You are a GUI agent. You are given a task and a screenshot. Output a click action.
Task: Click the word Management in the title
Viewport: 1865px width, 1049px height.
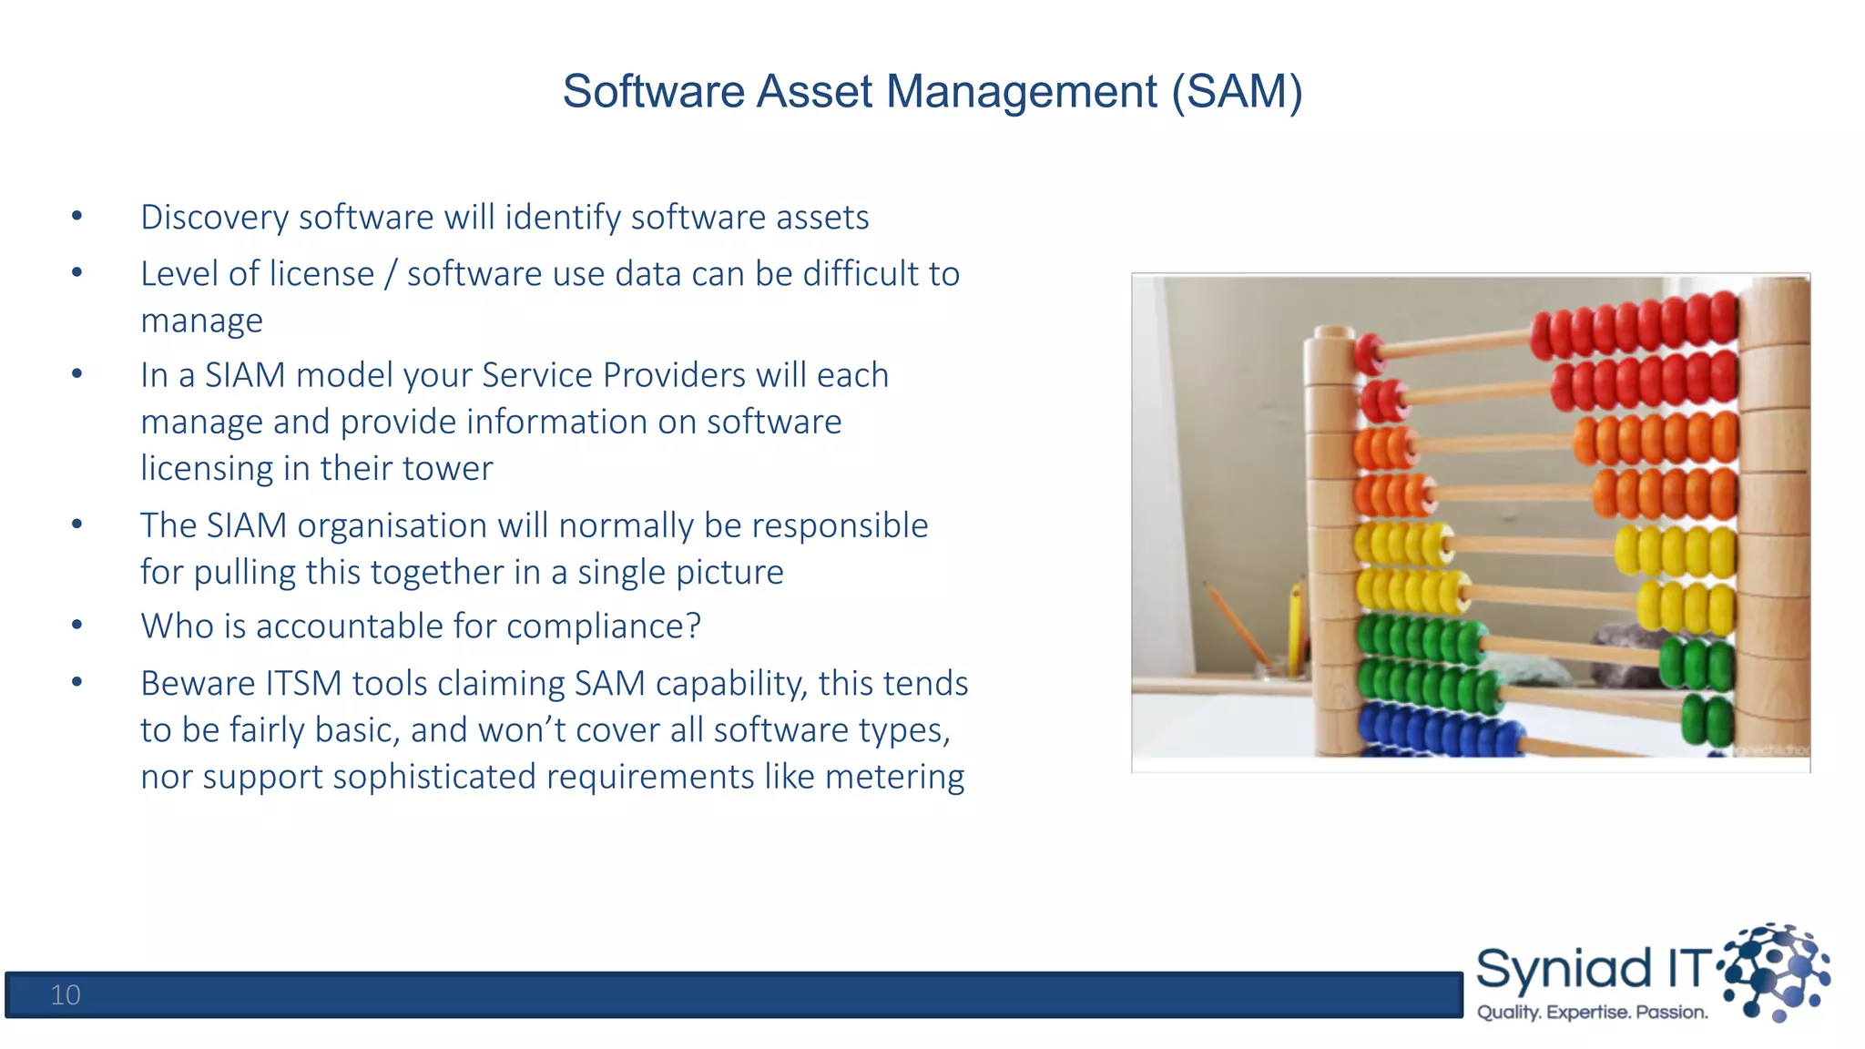point(1022,92)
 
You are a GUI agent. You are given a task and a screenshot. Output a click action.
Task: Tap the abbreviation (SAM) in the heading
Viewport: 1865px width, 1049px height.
point(1238,92)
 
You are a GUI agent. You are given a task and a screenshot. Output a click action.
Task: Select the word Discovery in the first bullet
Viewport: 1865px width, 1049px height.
point(214,218)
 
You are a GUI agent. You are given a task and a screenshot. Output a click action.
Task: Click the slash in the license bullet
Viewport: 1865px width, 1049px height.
point(390,274)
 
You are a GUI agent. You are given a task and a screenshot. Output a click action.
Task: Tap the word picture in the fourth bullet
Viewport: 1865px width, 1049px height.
point(730,573)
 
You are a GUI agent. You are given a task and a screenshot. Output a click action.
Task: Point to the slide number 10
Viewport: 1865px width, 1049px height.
point(66,994)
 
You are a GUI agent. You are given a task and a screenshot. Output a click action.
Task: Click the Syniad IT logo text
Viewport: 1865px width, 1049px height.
point(1592,969)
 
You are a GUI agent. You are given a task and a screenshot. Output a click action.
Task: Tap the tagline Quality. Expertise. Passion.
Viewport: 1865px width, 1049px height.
point(1592,1013)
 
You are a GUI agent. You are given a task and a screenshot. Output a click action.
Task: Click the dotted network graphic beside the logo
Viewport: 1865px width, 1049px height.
point(1776,971)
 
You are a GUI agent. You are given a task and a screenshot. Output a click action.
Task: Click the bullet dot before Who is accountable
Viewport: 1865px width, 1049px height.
point(77,626)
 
